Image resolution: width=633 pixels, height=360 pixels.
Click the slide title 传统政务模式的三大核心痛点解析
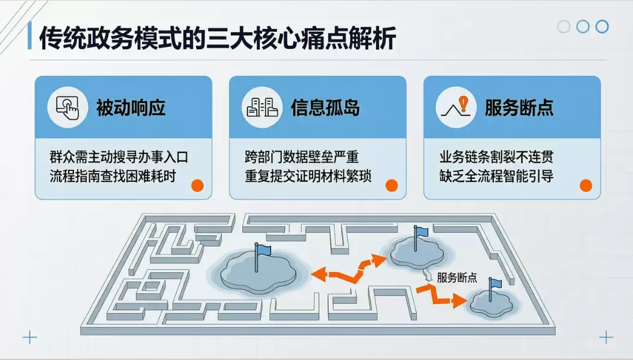[x=217, y=38]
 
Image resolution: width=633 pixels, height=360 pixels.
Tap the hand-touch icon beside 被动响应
[x=67, y=108]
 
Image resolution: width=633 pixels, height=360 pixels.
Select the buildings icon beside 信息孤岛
[x=262, y=107]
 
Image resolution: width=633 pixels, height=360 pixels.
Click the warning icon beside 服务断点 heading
[x=456, y=107]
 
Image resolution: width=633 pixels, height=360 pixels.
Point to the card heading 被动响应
[x=131, y=108]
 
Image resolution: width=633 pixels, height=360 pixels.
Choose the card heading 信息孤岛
[x=325, y=108]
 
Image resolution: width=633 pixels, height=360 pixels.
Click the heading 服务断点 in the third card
[x=519, y=108]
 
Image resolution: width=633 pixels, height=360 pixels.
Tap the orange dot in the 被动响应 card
[x=198, y=185]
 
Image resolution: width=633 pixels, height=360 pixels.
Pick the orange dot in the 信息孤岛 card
[x=391, y=185]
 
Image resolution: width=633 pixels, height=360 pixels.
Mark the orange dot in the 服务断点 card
[x=586, y=185]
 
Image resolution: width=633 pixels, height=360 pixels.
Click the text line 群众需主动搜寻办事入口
[x=119, y=157]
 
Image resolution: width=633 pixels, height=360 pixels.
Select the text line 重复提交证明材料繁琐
[x=308, y=176]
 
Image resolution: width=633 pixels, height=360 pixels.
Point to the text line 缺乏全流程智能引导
[x=496, y=176]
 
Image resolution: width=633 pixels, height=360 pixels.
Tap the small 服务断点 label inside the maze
[x=457, y=278]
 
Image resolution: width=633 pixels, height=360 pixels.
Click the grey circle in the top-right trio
[x=564, y=26]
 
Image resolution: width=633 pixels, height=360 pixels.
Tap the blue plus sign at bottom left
[x=30, y=337]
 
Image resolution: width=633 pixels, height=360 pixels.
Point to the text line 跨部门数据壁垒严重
[x=302, y=157]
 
